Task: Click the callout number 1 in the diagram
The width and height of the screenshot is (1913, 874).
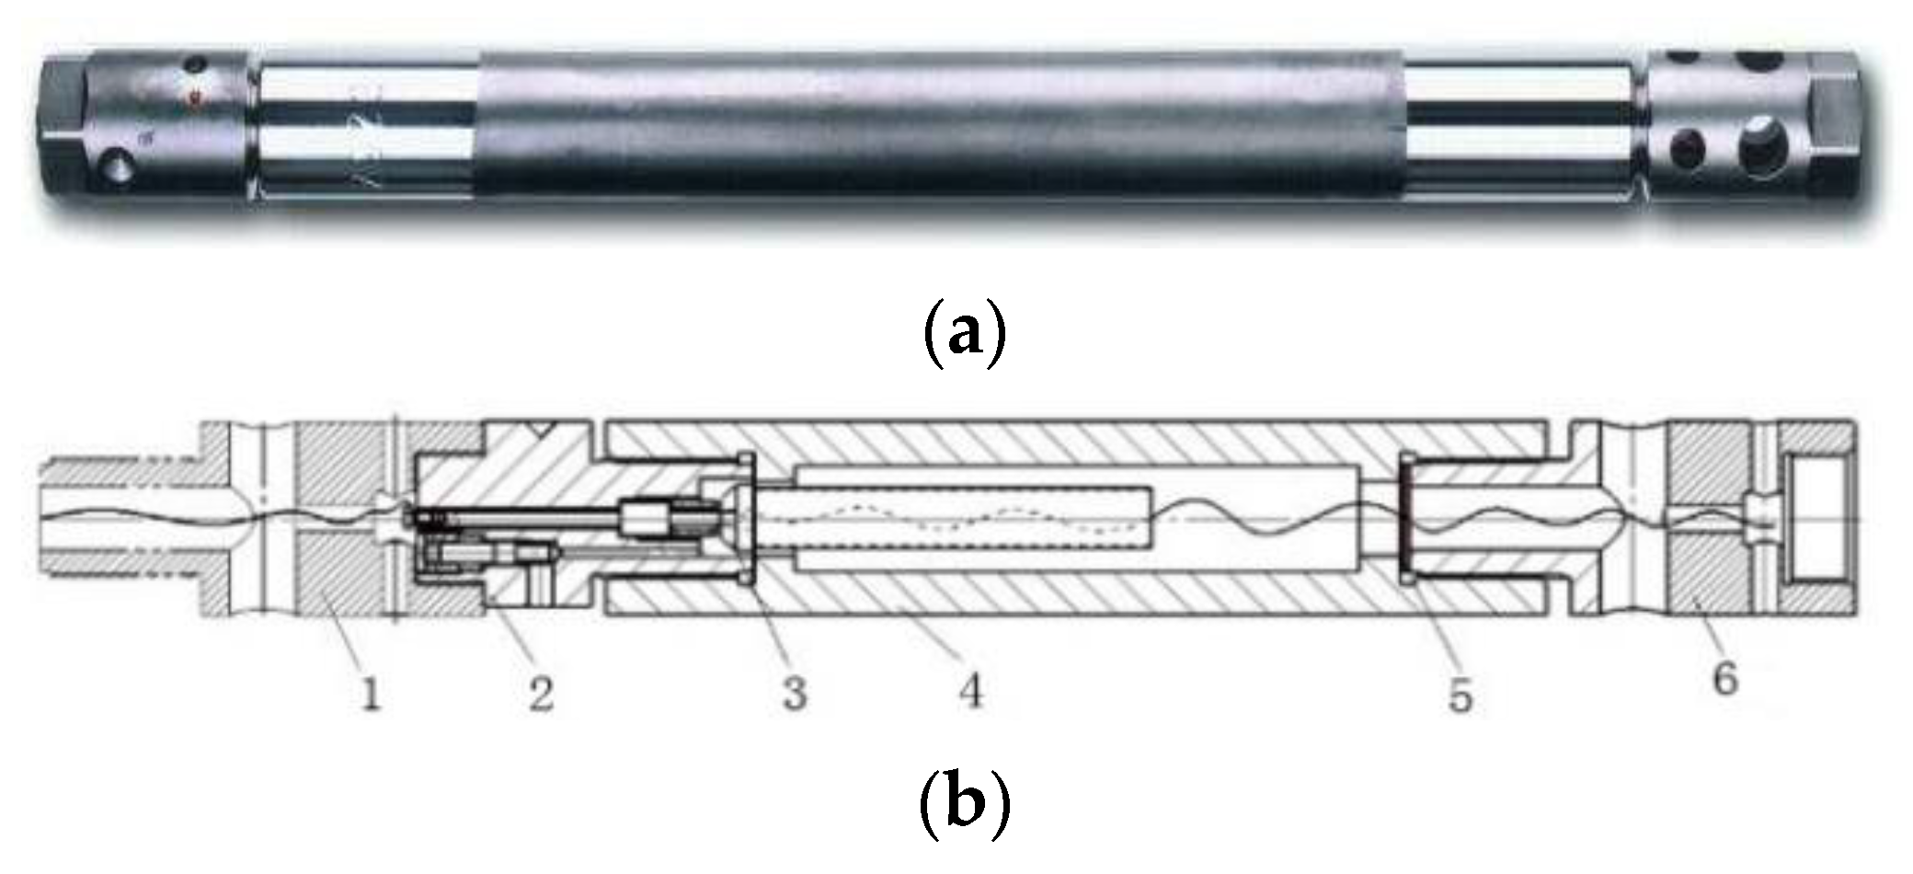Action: (371, 693)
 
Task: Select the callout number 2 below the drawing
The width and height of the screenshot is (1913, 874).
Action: (541, 692)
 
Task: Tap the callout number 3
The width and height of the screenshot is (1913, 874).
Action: (795, 692)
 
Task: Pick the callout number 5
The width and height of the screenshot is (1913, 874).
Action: (1461, 695)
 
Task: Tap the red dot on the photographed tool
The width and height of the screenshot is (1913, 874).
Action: (193, 98)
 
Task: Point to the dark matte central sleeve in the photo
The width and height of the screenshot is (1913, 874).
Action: (938, 124)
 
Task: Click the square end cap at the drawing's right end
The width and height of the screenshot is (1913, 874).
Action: (1817, 520)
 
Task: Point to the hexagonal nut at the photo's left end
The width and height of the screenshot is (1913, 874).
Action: (63, 120)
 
